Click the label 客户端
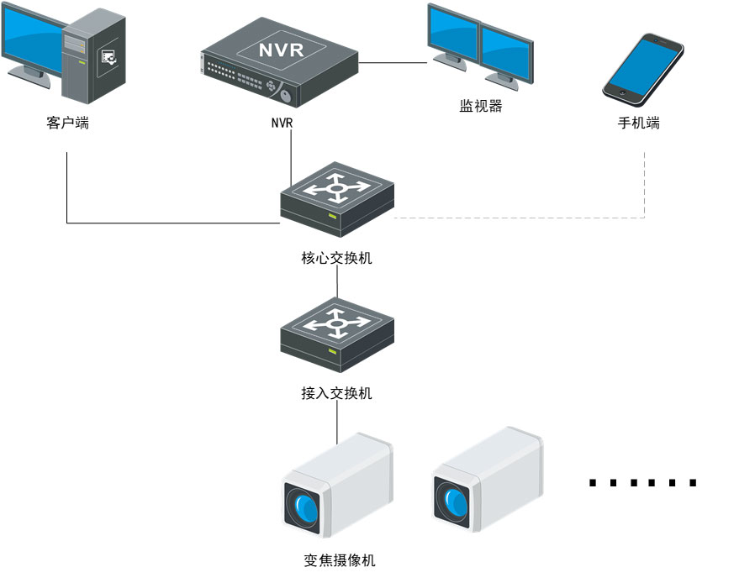click(67, 123)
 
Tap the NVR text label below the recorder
click(282, 123)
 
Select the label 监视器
click(481, 107)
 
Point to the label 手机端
click(639, 123)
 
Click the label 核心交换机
click(336, 258)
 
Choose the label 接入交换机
click(336, 393)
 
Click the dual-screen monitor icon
click(480, 46)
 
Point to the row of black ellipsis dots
click(643, 483)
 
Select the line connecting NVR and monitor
click(395, 62)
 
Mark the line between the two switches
click(337, 286)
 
